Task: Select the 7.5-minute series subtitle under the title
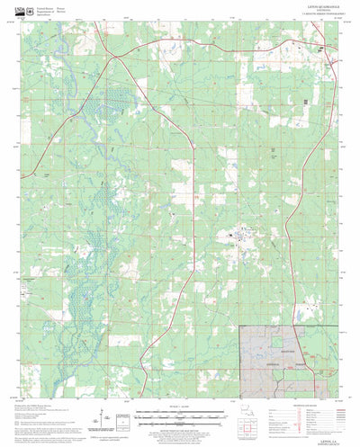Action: tap(311, 21)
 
